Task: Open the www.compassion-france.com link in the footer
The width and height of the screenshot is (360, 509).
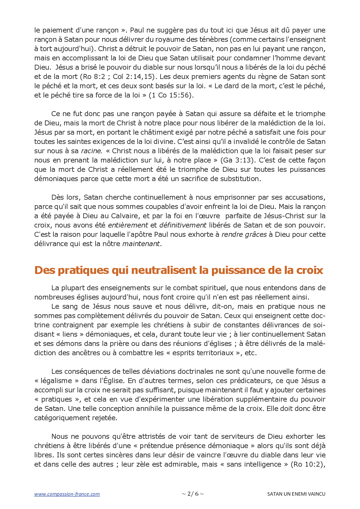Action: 67,494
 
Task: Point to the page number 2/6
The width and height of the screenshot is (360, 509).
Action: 193,494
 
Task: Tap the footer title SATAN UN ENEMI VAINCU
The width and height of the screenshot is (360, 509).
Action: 296,494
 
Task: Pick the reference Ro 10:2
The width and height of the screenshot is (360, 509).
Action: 307,464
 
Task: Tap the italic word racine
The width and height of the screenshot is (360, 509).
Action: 91,151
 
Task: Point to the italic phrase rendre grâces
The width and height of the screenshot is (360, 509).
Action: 244,234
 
